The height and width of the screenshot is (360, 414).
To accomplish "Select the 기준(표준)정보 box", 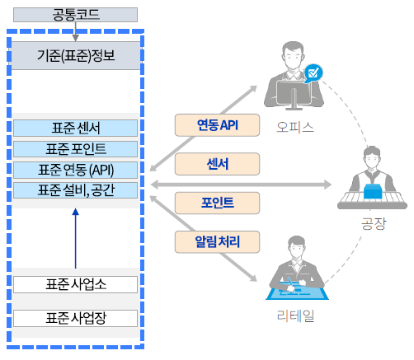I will click(76, 57).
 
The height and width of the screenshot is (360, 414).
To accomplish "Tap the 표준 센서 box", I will click(76, 129).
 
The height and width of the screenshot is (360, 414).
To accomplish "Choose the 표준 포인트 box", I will click(76, 149).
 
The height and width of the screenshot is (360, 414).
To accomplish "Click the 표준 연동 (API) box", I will click(76, 170).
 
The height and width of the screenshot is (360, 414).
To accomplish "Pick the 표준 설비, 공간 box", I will click(76, 190).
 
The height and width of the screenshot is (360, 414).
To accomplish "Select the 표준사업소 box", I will click(76, 284).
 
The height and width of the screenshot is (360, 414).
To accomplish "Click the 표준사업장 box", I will click(76, 317).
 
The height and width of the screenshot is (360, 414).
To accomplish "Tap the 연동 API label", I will click(218, 124).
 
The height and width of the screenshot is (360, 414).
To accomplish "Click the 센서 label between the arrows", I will click(218, 163).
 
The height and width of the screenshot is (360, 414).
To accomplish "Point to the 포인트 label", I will click(218, 202).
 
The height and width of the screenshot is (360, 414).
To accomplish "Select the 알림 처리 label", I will click(218, 241).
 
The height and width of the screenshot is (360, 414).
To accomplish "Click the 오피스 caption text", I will click(295, 128).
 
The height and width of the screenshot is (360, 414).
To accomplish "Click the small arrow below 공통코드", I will click(76, 32).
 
